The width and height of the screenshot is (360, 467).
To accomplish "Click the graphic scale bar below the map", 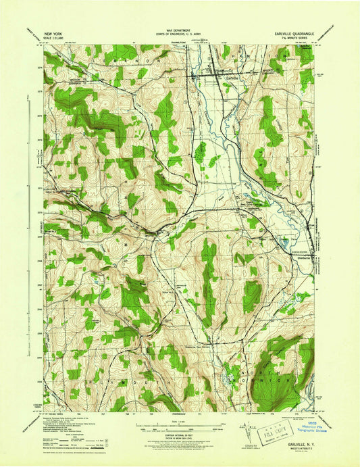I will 180,427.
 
